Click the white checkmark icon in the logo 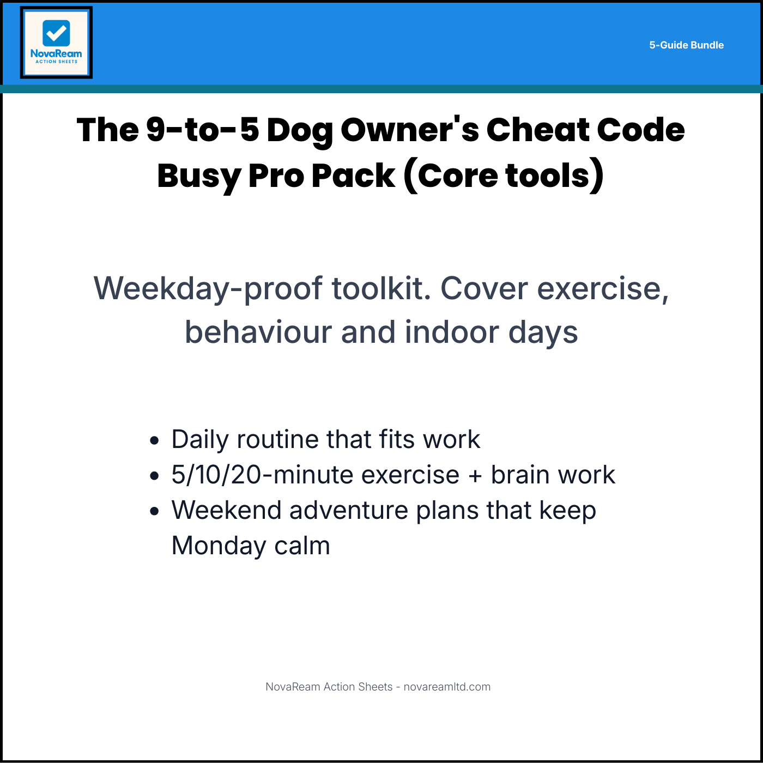click(x=56, y=34)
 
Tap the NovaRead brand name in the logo click(x=56, y=53)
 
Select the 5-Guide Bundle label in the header click(x=686, y=45)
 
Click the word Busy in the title click(x=198, y=177)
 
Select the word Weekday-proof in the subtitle click(x=208, y=288)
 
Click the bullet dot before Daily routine click(x=155, y=440)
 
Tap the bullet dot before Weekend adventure click(x=155, y=511)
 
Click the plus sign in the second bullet click(x=475, y=476)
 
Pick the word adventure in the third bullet click(x=348, y=511)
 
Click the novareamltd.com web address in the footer click(x=447, y=687)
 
